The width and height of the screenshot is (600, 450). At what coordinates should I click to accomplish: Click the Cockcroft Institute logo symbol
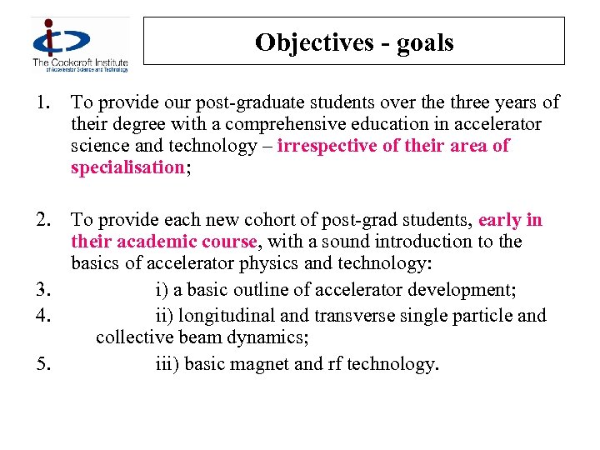click(61, 37)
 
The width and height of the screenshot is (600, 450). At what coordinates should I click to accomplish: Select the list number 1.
click(42, 102)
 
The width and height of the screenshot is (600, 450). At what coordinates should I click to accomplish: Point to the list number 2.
click(44, 220)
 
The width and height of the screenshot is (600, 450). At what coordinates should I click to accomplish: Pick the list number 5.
click(44, 364)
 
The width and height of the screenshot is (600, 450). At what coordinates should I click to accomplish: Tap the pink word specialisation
click(127, 167)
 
